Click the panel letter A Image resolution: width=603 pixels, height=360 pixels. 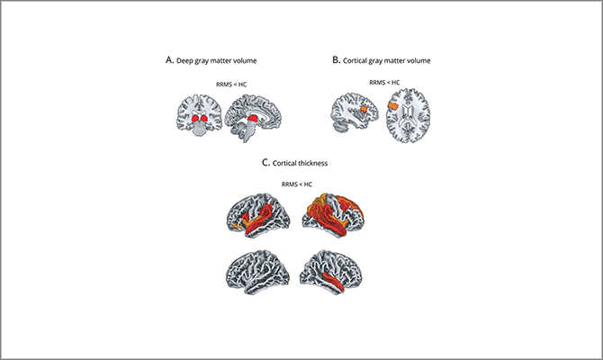coord(169,60)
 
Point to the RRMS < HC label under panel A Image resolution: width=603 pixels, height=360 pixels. coord(231,85)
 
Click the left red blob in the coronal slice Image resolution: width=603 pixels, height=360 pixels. coord(195,119)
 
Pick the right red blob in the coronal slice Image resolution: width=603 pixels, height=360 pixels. coord(204,119)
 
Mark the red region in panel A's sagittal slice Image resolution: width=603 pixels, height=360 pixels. coord(254,120)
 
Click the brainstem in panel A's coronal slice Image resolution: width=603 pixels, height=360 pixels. coord(199,130)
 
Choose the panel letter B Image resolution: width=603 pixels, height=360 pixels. coord(336,60)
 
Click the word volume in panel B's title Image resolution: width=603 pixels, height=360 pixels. coord(420,60)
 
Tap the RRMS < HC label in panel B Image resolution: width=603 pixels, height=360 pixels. coord(384,82)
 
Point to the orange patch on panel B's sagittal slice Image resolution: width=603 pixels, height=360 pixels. coord(364,110)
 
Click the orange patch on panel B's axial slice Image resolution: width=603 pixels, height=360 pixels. coord(393,105)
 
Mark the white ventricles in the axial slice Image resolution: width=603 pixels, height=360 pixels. coord(408,116)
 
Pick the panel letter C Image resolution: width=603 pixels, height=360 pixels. coord(265,162)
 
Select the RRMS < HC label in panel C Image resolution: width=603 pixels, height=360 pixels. coord(297,184)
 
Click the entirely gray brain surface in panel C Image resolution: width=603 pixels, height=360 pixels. coord(258,272)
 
